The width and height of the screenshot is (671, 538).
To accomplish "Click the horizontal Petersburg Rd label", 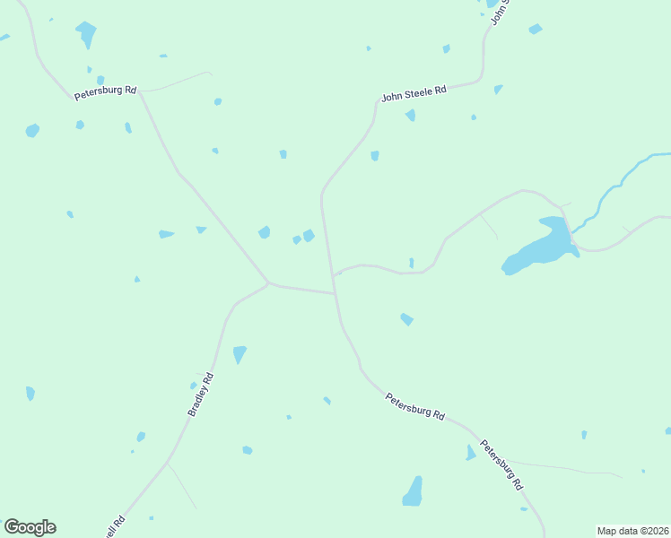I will [105, 91].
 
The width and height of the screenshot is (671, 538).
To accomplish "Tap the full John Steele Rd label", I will [414, 93].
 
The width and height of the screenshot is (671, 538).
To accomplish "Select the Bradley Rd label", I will [201, 394].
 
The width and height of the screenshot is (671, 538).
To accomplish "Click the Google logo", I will [30, 527].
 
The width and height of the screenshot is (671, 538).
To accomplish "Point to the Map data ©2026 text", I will [632, 531].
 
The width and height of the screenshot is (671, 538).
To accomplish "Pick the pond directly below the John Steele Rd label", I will [410, 115].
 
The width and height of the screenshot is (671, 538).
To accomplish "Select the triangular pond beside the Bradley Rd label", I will [239, 354].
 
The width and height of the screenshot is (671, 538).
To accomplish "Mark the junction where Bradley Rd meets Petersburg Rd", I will [268, 283].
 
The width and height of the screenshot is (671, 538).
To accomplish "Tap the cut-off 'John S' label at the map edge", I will [500, 13].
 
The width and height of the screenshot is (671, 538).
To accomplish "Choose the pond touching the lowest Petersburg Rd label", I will [470, 453].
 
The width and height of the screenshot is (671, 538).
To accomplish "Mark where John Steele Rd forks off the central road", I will [322, 191].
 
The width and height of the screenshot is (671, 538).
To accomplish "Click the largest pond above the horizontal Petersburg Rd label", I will [86, 34].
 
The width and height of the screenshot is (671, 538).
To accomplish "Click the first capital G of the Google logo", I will [12, 527].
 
